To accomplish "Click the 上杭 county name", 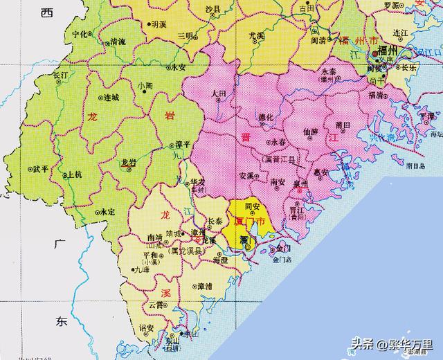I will coord(73,175).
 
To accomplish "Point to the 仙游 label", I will coord(311,131).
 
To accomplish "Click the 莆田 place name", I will coord(343,125).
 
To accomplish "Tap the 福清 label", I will coord(378,96).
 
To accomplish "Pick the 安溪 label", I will coord(246,176).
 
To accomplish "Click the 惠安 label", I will coord(320,172).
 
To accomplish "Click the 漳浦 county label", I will coord(204,285).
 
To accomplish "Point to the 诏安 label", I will coord(146,327).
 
